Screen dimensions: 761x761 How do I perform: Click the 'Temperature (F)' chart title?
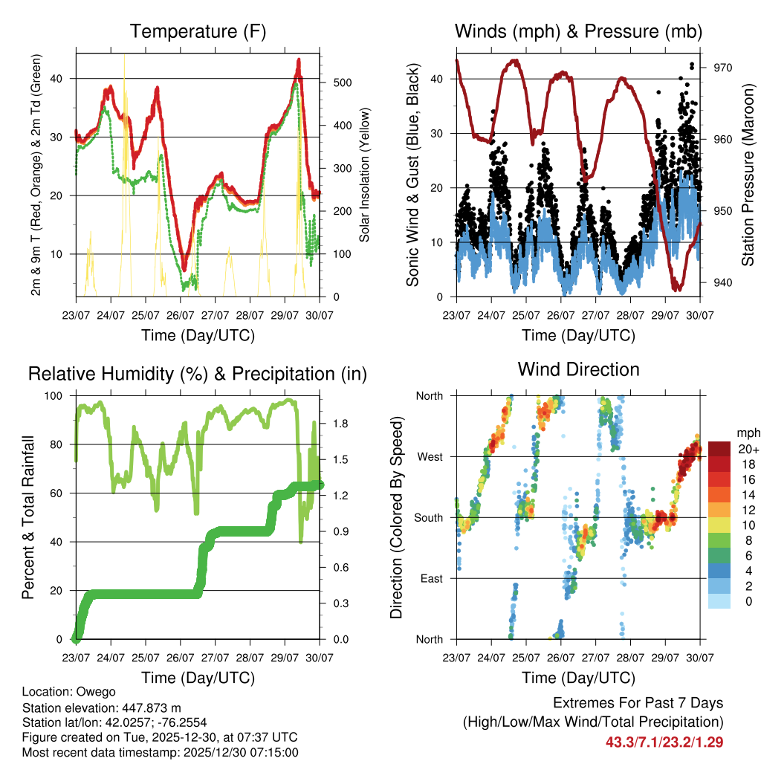(x=198, y=32)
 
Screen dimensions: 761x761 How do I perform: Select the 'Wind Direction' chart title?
(x=578, y=369)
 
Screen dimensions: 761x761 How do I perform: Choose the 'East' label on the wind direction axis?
(x=430, y=578)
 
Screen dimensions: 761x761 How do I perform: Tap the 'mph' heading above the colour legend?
(x=746, y=433)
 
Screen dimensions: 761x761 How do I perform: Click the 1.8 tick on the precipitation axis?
(x=340, y=424)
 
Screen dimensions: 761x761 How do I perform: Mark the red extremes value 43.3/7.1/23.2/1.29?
(x=664, y=742)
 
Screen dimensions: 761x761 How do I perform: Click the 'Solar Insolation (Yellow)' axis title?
(x=365, y=175)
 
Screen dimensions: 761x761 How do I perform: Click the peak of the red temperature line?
(x=299, y=59)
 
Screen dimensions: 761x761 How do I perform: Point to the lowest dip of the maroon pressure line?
(x=676, y=288)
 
